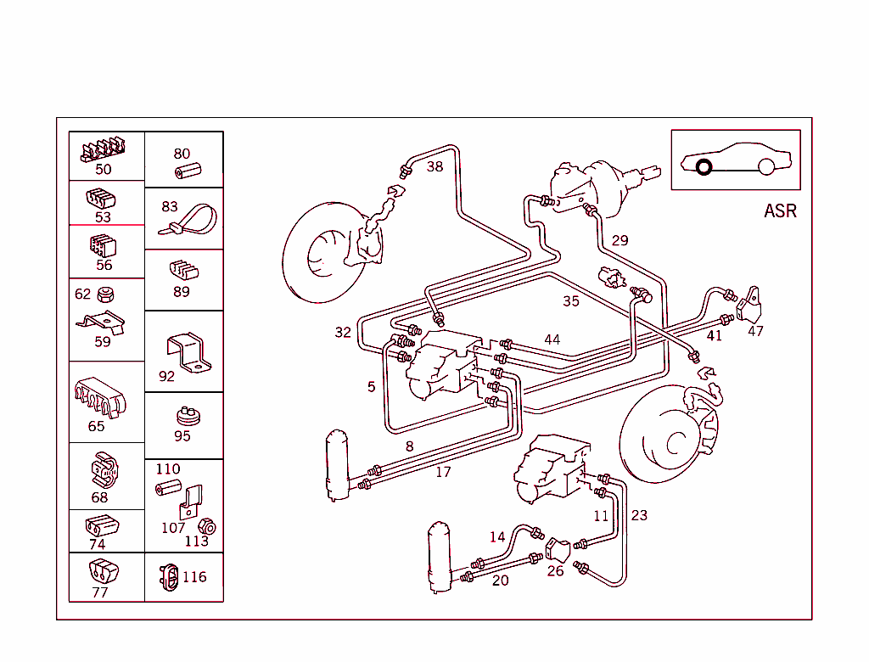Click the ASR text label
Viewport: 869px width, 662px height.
click(x=780, y=211)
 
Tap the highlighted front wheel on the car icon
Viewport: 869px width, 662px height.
click(x=704, y=166)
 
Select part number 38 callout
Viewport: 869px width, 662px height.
click(x=434, y=166)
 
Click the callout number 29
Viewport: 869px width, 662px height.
click(x=620, y=240)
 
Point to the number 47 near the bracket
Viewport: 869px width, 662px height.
click(x=755, y=331)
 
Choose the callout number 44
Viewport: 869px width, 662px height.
click(x=552, y=339)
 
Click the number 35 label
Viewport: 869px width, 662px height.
click(x=571, y=301)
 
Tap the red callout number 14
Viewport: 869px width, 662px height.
click(x=496, y=536)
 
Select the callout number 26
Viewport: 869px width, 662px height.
click(x=555, y=570)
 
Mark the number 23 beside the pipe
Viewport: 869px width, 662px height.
click(x=639, y=515)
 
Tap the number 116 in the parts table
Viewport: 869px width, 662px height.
click(x=194, y=577)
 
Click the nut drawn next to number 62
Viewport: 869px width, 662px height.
click(x=106, y=295)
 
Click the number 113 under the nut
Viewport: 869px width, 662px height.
click(x=196, y=541)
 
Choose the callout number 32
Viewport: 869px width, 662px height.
click(x=343, y=332)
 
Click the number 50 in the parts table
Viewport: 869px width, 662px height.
click(x=103, y=169)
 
